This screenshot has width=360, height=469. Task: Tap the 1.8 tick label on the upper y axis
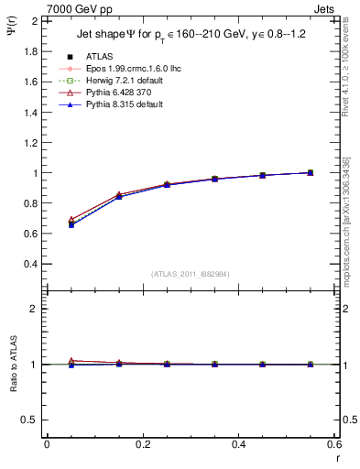tap(28, 51)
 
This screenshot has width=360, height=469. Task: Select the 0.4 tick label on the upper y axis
tap(28, 264)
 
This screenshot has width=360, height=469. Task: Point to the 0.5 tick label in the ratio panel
tap(28, 420)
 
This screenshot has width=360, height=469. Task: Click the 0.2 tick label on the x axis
tap(143, 444)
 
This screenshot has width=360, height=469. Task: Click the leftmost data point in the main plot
tap(71, 223)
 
